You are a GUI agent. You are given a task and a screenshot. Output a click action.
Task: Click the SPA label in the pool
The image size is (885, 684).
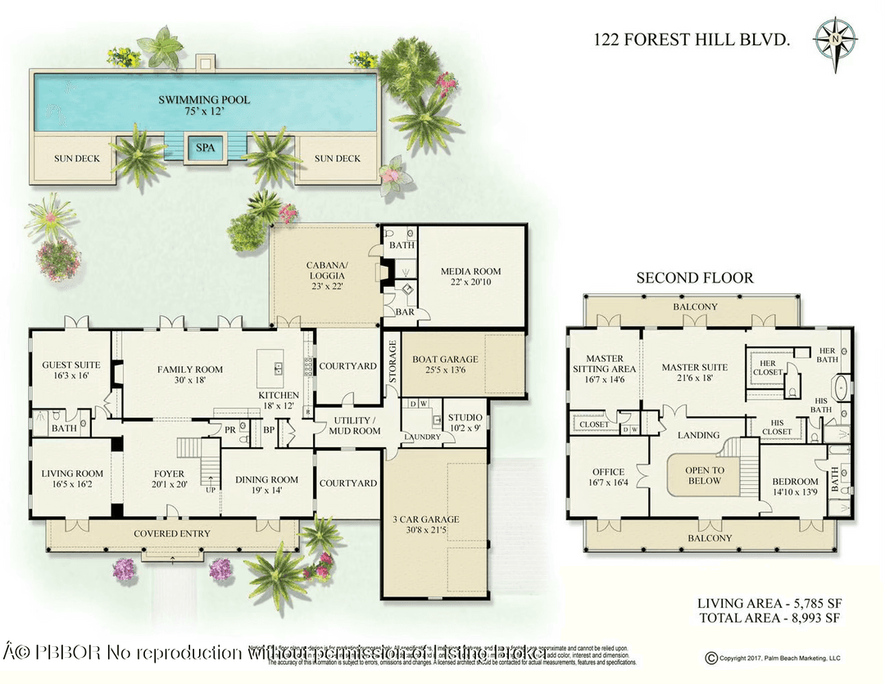coord(204,148)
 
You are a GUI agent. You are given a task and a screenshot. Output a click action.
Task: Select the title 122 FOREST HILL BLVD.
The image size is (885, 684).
coord(692,38)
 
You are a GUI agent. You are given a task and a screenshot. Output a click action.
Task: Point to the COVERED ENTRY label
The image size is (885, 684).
coord(172,534)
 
